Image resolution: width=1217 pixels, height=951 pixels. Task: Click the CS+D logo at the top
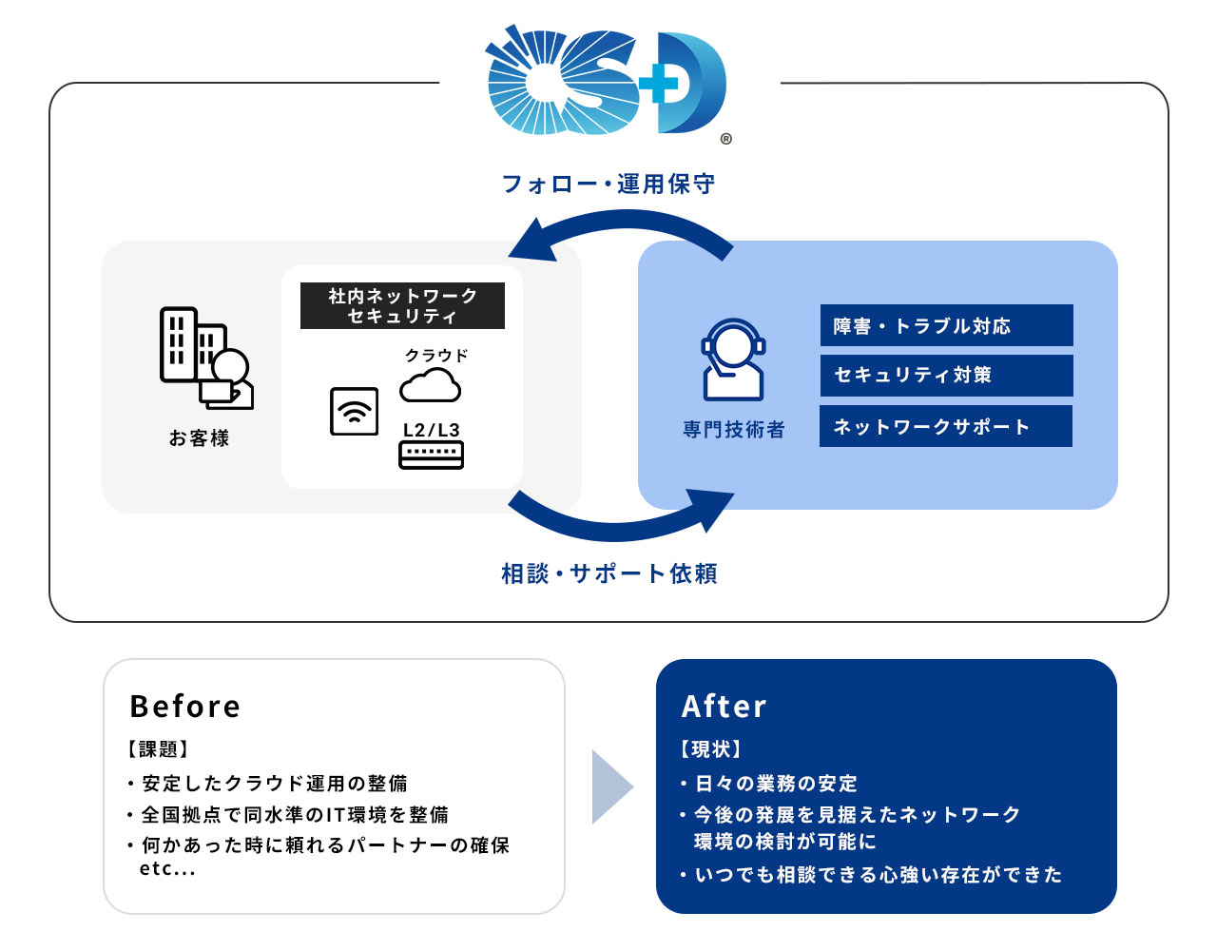tap(607, 84)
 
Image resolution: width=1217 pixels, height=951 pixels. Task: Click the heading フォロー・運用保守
tap(608, 184)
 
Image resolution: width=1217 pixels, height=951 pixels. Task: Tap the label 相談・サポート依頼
tap(608, 573)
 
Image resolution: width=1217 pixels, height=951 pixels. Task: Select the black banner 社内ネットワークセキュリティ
tap(402, 306)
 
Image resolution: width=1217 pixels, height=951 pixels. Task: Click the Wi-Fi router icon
tap(354, 412)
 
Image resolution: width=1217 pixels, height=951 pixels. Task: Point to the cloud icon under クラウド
tap(430, 385)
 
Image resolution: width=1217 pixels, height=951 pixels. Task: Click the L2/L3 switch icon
tap(432, 455)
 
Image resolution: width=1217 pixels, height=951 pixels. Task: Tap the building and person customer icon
tap(205, 359)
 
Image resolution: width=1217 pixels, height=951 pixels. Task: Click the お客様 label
tap(200, 438)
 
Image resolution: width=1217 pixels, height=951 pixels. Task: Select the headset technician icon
tap(733, 359)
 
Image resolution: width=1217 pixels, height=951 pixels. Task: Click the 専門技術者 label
tap(734, 430)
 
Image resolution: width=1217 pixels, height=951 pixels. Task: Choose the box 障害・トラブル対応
tap(946, 326)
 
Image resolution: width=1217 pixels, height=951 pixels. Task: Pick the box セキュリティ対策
tap(946, 376)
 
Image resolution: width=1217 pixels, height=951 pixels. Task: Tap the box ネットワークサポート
tap(946, 427)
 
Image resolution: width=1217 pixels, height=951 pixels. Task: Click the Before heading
tap(185, 707)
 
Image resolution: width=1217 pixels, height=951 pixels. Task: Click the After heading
tap(724, 707)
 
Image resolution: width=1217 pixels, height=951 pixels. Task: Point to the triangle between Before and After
tap(610, 786)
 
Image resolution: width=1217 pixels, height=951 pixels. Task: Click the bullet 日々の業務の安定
tap(776, 784)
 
